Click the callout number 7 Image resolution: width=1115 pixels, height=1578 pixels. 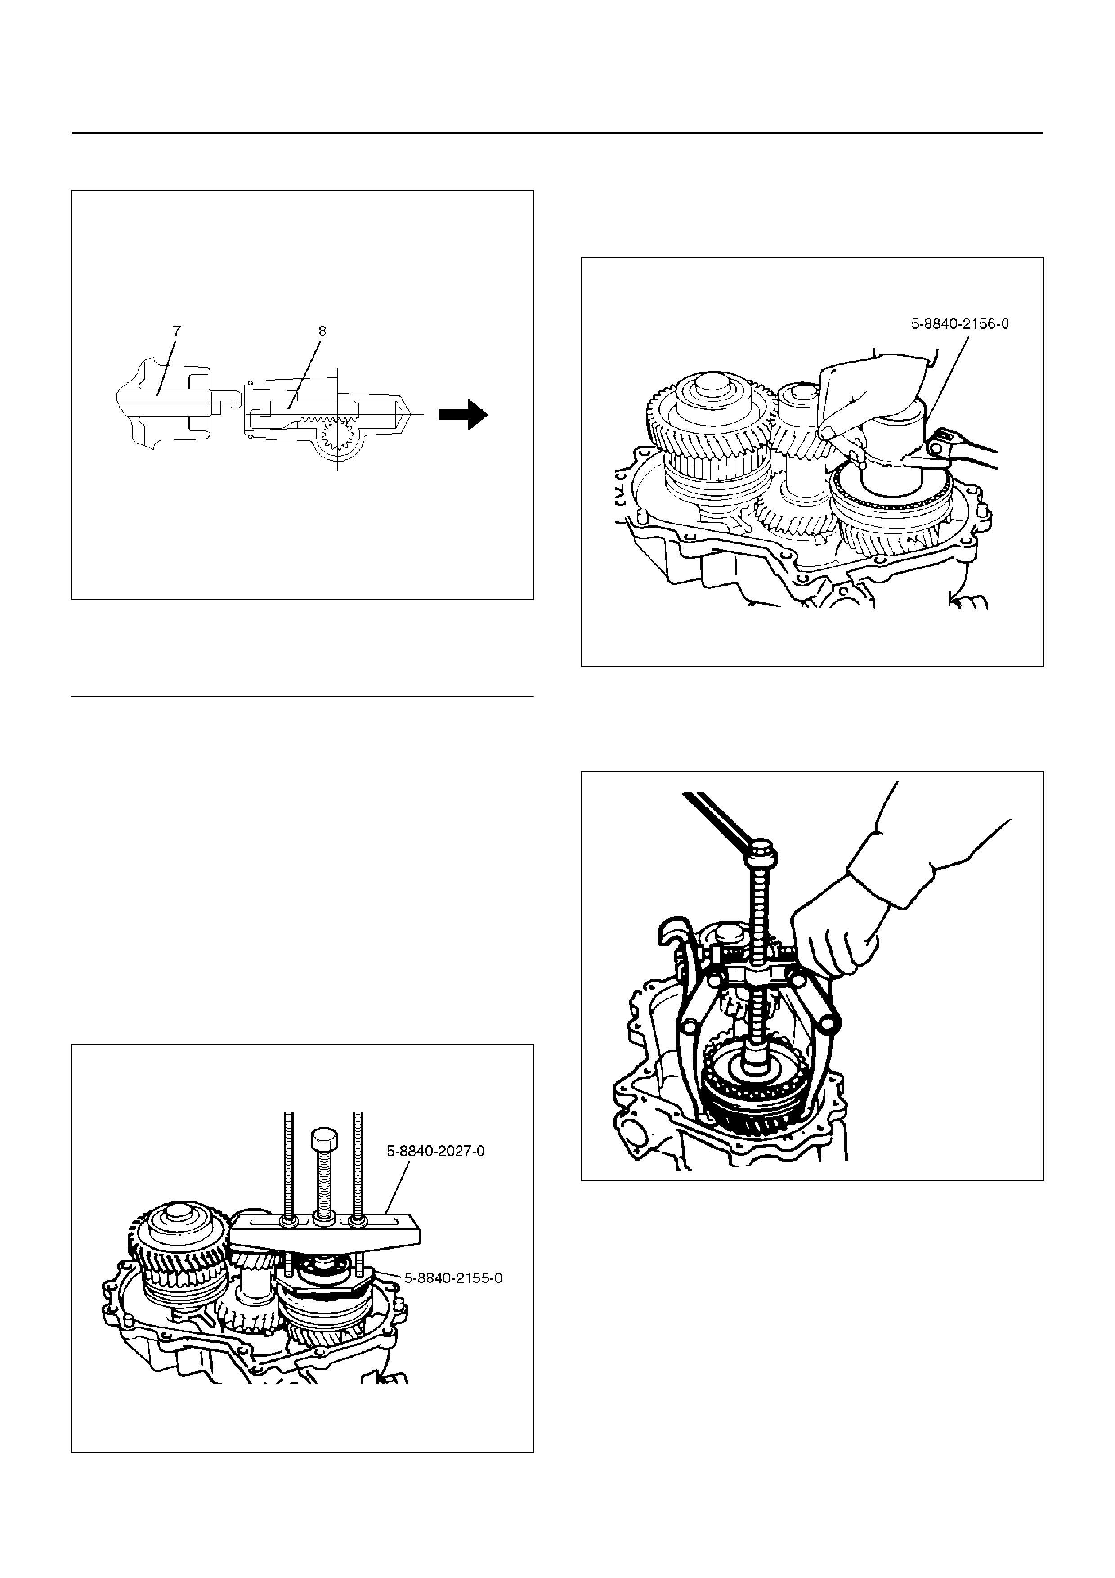[177, 331]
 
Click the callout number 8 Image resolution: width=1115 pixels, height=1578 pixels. [322, 331]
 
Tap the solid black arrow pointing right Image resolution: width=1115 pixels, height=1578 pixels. [464, 414]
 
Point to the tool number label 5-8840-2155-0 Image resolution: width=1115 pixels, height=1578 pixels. [453, 1278]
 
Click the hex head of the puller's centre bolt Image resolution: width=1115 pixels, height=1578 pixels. [323, 1140]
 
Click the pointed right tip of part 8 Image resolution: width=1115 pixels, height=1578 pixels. [411, 414]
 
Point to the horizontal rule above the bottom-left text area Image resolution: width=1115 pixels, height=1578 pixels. [302, 697]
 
